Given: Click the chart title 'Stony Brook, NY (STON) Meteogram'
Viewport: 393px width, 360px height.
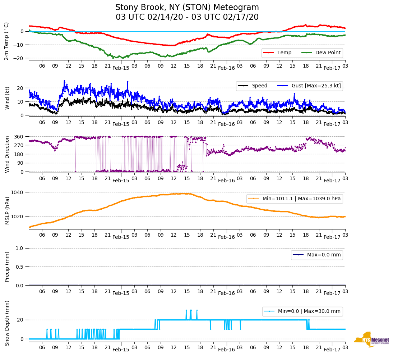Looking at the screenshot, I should point(187,8).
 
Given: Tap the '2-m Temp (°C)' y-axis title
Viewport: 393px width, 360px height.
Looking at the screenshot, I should point(6,41).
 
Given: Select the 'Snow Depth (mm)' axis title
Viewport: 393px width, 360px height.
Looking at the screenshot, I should point(6,323).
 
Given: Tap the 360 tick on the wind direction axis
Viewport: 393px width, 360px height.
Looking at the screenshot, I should point(19,137).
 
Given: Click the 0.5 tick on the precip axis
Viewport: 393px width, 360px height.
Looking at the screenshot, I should point(20,267).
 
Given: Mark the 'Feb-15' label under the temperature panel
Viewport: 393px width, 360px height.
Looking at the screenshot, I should point(121,68).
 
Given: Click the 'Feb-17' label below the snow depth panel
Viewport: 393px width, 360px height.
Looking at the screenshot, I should point(332,350).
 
